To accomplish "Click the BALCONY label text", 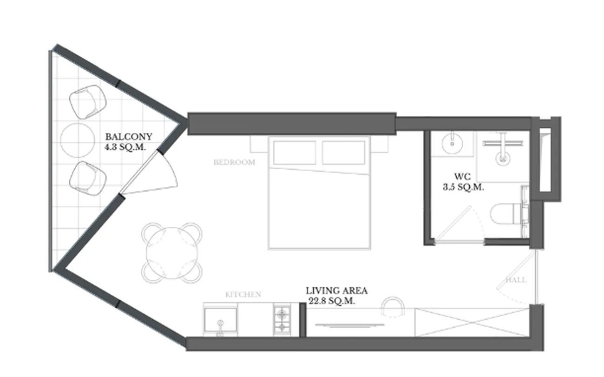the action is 129,137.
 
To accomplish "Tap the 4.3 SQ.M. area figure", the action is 125,147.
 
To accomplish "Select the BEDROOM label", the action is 234,162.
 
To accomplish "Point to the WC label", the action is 462,177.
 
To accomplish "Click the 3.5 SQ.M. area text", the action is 463,187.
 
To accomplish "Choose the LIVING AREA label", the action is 336,291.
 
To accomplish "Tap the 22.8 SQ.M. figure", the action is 332,301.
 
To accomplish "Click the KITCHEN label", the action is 243,294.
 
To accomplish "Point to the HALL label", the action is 516,280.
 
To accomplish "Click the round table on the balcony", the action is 78,140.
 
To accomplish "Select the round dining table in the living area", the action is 172,253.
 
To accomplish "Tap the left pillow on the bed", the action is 295,152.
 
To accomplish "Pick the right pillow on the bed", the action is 343,152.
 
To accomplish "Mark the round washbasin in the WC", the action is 452,144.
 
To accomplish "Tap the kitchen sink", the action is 221,320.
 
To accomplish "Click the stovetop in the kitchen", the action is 282,320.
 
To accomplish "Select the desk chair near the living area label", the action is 393,306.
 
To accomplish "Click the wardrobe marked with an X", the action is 473,323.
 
